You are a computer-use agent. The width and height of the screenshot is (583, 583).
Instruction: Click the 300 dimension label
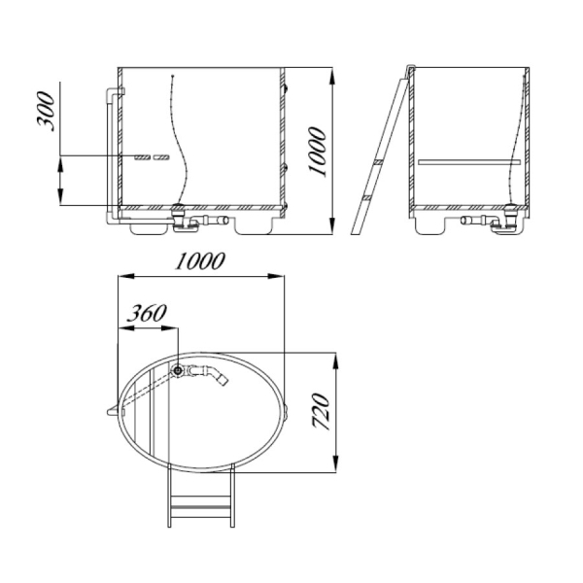pyautogui.click(x=46, y=112)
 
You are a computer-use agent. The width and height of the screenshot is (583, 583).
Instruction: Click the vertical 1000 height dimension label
pyautogui.click(x=317, y=152)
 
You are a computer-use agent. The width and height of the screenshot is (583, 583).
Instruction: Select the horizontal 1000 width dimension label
pyautogui.click(x=200, y=261)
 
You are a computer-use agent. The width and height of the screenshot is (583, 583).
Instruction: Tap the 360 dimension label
pyautogui.click(x=147, y=314)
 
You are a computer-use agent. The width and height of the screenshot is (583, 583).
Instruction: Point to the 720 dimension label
pyautogui.click(x=322, y=412)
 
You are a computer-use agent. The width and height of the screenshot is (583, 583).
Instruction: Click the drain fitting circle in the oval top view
pyautogui.click(x=178, y=370)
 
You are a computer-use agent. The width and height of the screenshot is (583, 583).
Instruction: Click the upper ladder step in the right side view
pyautogui.click(x=378, y=162)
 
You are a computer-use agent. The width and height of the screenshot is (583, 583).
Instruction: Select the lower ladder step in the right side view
pyautogui.click(x=367, y=198)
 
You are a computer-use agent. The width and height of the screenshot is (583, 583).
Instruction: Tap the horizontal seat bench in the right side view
pyautogui.click(x=469, y=162)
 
